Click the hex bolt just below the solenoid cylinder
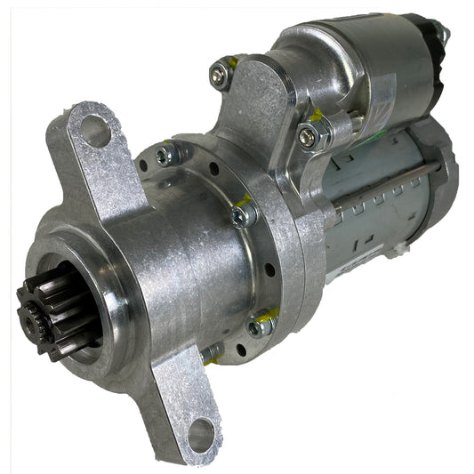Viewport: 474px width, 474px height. (x=309, y=135)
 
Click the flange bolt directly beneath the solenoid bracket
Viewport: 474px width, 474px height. (x=242, y=215)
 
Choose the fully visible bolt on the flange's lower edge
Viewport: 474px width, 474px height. (x=259, y=327)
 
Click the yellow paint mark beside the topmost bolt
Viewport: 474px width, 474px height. (x=232, y=63)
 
